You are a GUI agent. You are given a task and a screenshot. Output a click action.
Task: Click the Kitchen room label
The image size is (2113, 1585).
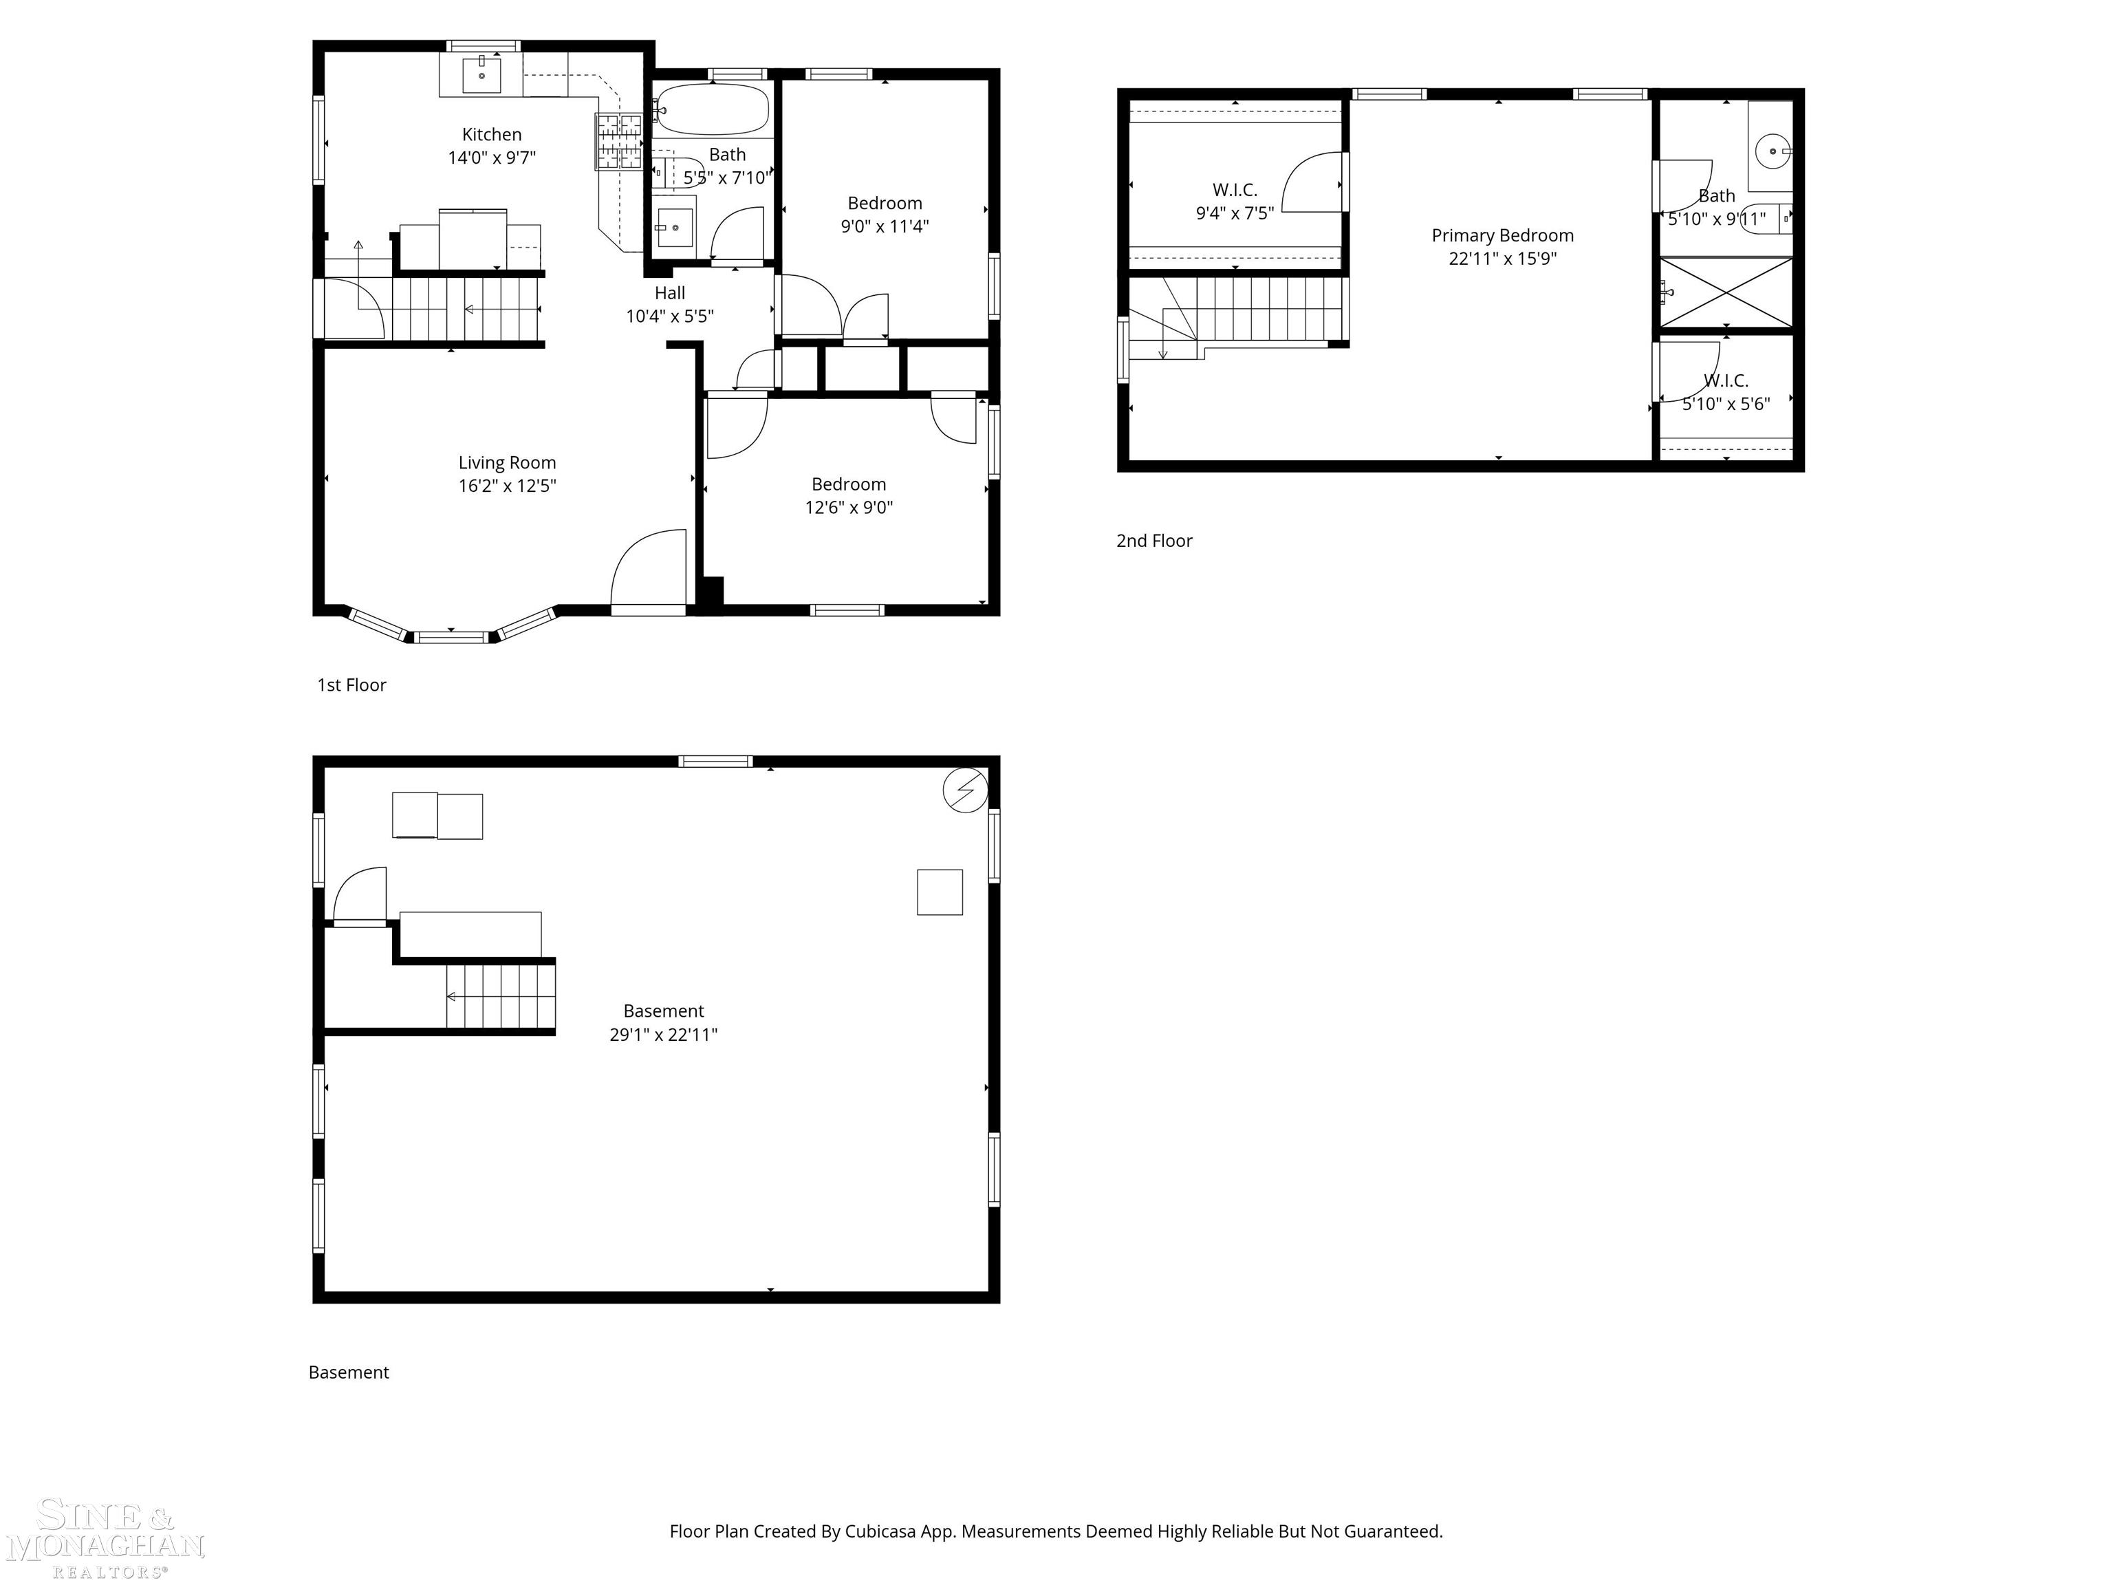(492, 135)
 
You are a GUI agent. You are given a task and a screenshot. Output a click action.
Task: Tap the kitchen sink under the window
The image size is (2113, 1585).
(481, 74)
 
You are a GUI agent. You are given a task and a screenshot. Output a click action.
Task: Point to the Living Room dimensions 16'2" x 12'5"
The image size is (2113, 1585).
(507, 486)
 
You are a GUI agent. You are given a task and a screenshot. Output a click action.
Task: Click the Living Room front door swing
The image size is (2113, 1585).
(649, 568)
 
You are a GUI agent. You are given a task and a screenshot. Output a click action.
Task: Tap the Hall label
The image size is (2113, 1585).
(670, 293)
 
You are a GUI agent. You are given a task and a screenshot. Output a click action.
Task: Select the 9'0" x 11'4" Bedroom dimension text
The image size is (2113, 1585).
(885, 226)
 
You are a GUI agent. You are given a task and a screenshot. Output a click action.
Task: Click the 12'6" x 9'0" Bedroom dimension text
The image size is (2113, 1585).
(849, 507)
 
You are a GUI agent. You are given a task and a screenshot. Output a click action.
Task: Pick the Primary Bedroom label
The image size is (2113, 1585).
(1503, 235)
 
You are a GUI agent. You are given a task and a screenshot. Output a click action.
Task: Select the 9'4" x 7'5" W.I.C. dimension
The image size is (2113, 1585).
(1235, 213)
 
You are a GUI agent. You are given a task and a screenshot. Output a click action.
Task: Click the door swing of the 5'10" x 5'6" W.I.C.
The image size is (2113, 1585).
(1690, 371)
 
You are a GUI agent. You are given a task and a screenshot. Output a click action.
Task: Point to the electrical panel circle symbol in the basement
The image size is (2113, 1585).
(965, 790)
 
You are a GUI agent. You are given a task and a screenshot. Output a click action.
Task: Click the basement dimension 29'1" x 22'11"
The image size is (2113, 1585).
(664, 1035)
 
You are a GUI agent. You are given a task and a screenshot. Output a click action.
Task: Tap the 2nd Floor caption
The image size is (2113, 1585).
(1155, 541)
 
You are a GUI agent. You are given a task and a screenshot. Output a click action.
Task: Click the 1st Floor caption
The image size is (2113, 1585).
(351, 685)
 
